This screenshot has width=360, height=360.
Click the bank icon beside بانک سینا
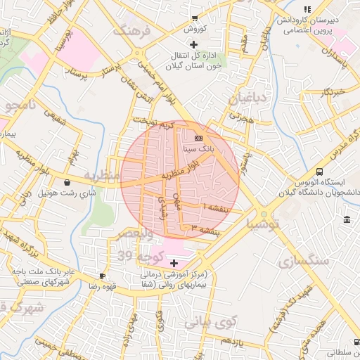pyautogui.click(x=198, y=138)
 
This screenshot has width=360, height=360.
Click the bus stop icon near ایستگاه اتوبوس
pyautogui.click(x=320, y=171)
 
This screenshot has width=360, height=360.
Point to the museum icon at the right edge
pyautogui.click(x=347, y=221)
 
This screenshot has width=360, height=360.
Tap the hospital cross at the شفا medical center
pyautogui.click(x=174, y=263)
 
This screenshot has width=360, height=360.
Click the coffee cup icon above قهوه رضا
pyautogui.click(x=102, y=276)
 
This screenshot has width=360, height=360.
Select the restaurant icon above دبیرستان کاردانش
pyautogui.click(x=307, y=9)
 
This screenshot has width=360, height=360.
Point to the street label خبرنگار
pyautogui.click(x=329, y=92)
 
